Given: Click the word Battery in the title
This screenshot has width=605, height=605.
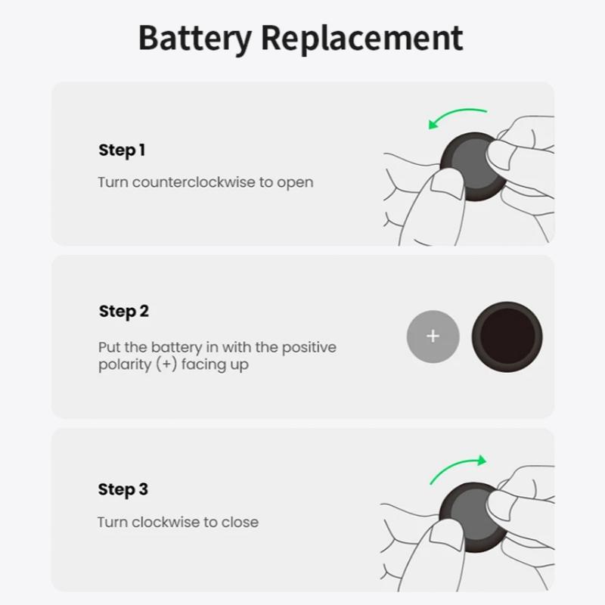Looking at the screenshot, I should click(x=194, y=38).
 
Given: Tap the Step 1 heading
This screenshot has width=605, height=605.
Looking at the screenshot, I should click(x=122, y=150).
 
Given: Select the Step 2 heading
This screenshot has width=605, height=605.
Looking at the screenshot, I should click(x=124, y=312).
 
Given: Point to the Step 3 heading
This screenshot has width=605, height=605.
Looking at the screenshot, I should click(x=123, y=490).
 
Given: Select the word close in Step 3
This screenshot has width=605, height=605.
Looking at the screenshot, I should click(x=240, y=523).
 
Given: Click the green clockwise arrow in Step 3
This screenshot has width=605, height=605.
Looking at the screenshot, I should click(x=458, y=469).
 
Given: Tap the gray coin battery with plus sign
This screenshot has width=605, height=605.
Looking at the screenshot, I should click(x=433, y=336).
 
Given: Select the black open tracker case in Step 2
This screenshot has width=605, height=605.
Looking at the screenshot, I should click(x=507, y=336).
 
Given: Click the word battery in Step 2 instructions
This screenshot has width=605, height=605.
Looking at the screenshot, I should click(x=176, y=348).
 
